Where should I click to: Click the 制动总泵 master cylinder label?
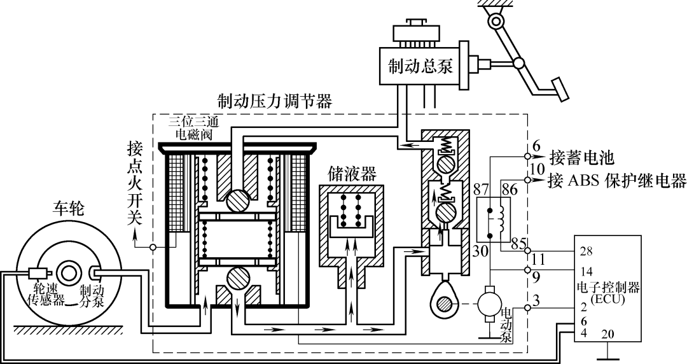click(x=420, y=66)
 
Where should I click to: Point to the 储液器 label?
click(x=352, y=172)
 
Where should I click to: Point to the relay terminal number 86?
click(x=510, y=190)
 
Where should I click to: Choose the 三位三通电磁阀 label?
click(x=195, y=127)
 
